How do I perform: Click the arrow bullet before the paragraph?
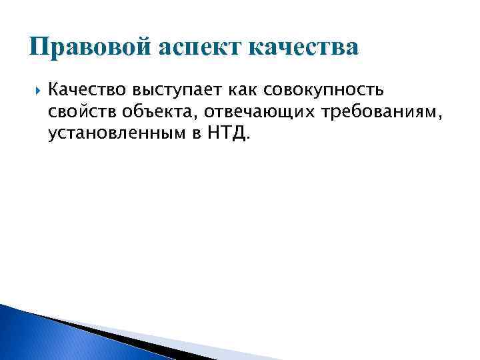(36, 88)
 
